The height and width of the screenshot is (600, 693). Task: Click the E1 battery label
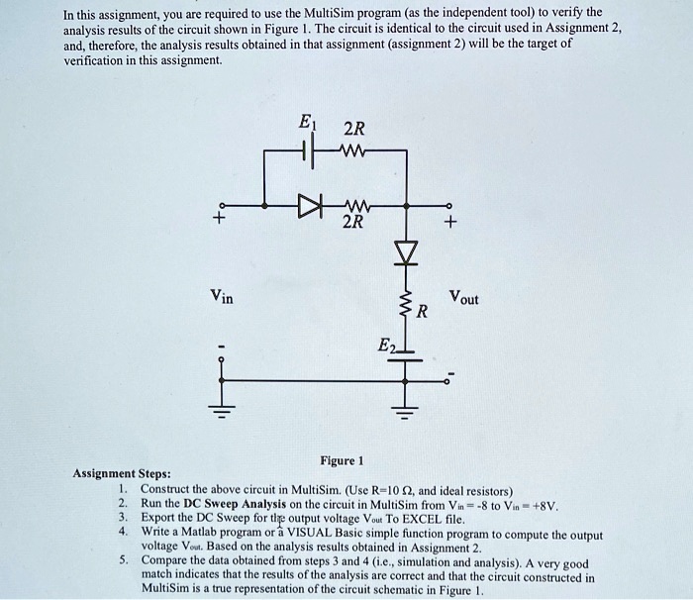pos(307,127)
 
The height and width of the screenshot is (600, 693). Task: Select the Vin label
pos(222,295)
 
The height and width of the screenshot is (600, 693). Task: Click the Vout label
pos(462,297)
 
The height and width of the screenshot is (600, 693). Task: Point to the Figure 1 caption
pos(343,460)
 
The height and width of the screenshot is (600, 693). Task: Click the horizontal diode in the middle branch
pos(311,207)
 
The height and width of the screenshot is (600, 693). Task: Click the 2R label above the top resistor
pos(352,129)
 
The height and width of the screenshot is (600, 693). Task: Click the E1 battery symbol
pos(309,152)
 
